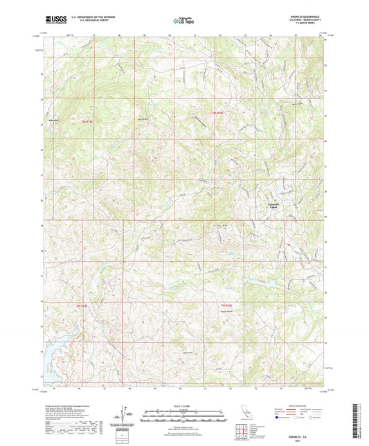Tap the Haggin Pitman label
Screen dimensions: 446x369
[225, 310]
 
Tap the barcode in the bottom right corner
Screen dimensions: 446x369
[358, 418]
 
